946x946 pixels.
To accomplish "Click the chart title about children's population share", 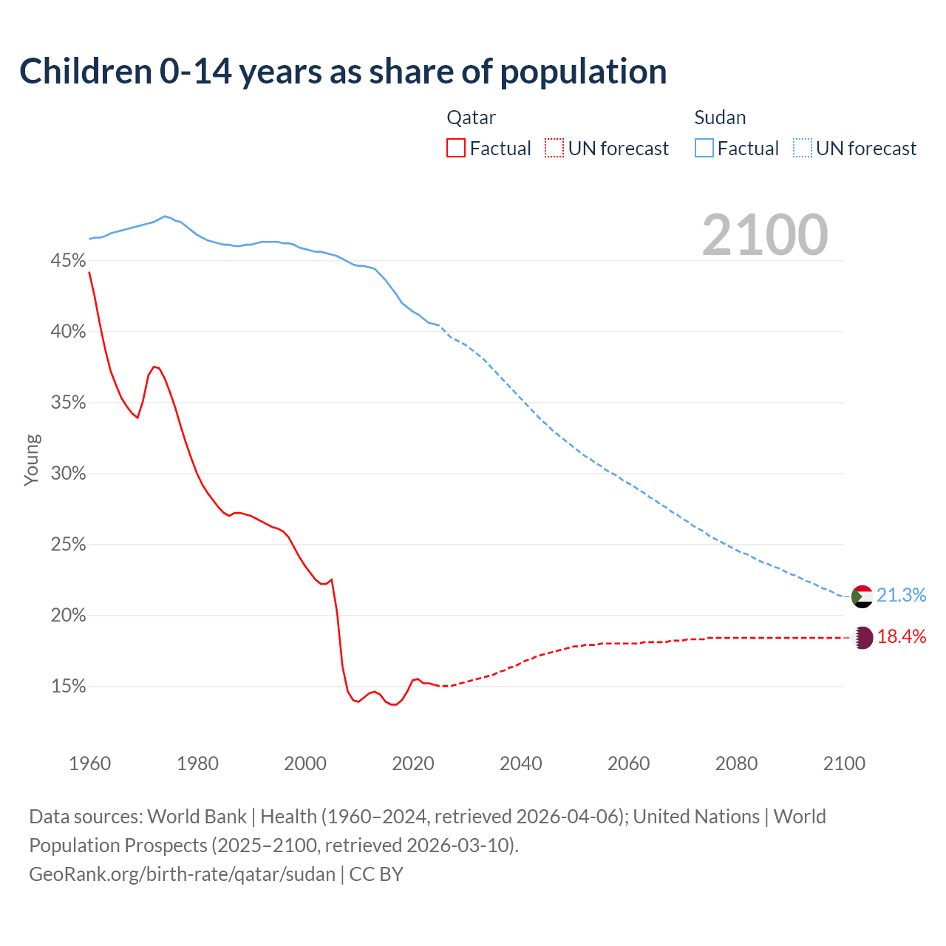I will coord(343,72).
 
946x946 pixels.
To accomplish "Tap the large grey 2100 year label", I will coord(765,235).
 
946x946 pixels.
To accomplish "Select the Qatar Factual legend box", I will coord(456,149).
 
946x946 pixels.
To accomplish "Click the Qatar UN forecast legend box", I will coord(554,149).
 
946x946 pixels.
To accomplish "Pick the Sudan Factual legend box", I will coord(704,149).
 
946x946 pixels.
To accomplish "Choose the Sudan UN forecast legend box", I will coord(803,149).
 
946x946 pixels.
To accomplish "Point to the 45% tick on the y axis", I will coord(68,261).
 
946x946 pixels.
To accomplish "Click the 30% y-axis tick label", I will coord(68,474).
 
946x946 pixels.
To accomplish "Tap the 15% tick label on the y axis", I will coord(68,687).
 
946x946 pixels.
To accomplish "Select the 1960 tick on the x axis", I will coord(89,763).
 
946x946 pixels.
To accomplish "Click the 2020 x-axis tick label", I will coord(412,763).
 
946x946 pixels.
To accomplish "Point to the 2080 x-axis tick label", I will coord(736,763).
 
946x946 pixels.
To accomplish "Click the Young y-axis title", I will coord(31,460).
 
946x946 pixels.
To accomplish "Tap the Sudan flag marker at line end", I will coord(862,596).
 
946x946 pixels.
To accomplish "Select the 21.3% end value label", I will coord(902,596).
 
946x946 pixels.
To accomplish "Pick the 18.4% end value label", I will coord(902,637).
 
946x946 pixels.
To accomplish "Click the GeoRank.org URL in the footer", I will coord(182,874).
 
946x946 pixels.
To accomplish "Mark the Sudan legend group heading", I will coord(720,118).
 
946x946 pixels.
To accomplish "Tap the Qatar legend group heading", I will coord(471,118).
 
